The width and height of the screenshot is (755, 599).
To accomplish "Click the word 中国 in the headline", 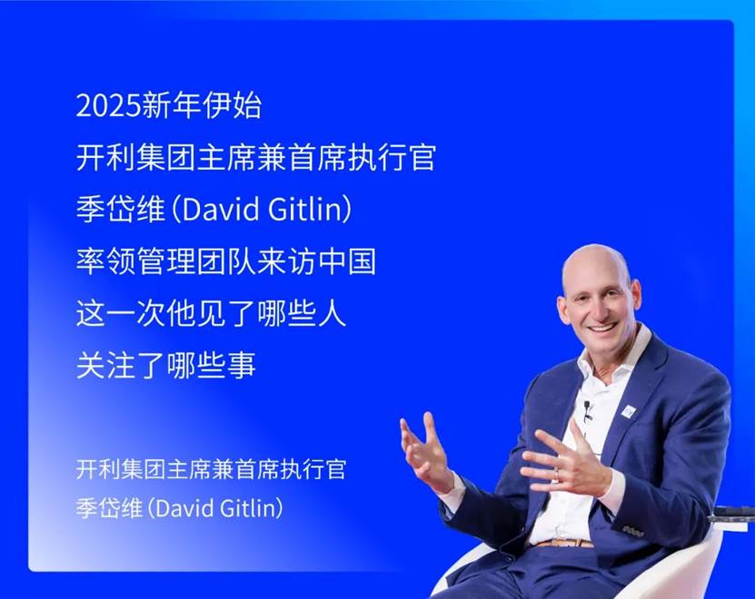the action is click(x=347, y=261).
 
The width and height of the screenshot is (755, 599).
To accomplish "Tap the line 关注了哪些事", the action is click(x=165, y=365).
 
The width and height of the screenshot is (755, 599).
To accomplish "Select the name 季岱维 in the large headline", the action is click(x=120, y=209).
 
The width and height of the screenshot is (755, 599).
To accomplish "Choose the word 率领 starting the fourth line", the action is click(x=105, y=261).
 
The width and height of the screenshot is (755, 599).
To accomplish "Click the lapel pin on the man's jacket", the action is click(x=629, y=411).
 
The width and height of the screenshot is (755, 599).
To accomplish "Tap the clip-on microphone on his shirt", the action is click(x=587, y=410).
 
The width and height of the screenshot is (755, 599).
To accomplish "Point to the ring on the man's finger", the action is click(x=557, y=474).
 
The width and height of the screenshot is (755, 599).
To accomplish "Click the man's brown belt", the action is click(x=564, y=544).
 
